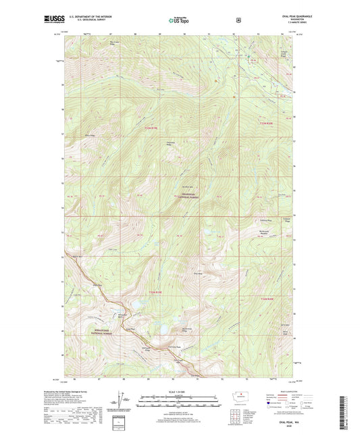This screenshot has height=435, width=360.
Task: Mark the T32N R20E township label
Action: [269, 297]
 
